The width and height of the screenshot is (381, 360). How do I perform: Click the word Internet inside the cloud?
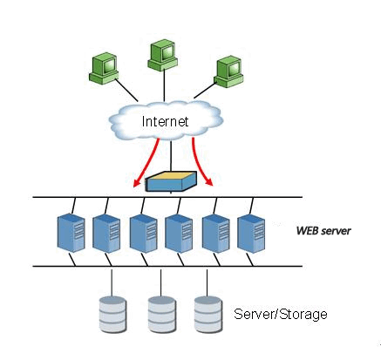coord(165,121)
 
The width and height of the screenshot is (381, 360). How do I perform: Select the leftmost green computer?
coord(104,68)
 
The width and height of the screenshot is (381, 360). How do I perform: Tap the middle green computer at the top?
coord(163,55)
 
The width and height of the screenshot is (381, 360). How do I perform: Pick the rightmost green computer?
coord(228,71)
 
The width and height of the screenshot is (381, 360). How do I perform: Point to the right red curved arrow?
coord(199,163)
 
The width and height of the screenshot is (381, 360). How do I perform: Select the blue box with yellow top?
coord(171,181)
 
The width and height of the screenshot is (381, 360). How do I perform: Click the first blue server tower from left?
coord(71,233)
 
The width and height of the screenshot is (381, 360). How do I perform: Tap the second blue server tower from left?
coord(106,234)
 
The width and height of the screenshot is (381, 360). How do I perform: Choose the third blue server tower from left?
coord(144,234)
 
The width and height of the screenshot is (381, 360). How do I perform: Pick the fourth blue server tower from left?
coord(179,234)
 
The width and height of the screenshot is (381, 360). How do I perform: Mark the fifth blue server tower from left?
coord(216,234)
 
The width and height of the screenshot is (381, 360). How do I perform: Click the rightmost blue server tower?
coord(251,234)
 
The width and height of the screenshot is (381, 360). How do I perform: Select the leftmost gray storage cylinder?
coord(112,315)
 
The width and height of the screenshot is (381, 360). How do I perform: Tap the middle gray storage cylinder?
coord(162,315)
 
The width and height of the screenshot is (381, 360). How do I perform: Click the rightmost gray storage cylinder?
coord(208,315)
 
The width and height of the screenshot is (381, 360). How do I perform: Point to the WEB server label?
coord(323,231)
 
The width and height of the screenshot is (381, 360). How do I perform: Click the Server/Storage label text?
coord(281,314)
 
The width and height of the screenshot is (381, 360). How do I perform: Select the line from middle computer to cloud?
coord(165,85)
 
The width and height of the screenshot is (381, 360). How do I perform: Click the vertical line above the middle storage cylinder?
coord(161,282)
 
